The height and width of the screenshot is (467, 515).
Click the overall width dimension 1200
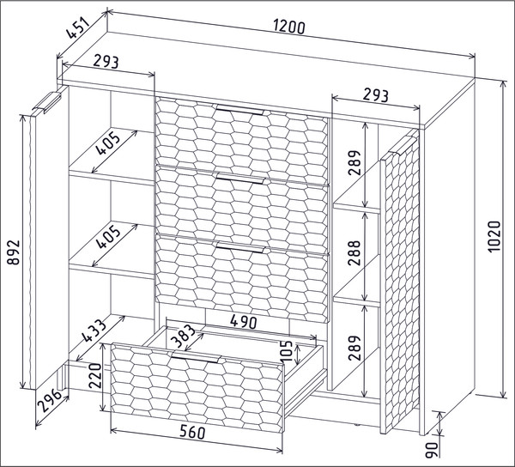pyautogui.click(x=289, y=27)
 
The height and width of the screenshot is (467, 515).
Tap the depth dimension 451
pyautogui.click(x=77, y=27)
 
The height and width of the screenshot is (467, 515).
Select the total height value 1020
pyautogui.click(x=494, y=236)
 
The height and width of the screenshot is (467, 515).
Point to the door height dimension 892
pyautogui.click(x=14, y=252)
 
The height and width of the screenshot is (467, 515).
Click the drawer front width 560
pyautogui.click(x=192, y=432)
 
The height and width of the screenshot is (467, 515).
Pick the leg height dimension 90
pyautogui.click(x=432, y=450)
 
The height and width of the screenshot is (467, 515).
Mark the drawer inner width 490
pyautogui.click(x=244, y=322)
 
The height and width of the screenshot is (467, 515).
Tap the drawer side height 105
pyautogui.click(x=287, y=351)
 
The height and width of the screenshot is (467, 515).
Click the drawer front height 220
pyautogui.click(x=96, y=375)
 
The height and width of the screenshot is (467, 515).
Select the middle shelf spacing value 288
pyautogui.click(x=354, y=253)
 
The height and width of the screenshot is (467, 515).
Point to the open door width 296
pyautogui.click(x=50, y=400)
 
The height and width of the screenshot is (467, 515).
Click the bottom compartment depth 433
pyautogui.click(x=94, y=331)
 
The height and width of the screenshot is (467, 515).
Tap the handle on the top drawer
pyautogui.click(x=239, y=110)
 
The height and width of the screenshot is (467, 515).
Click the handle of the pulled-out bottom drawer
pyautogui.click(x=196, y=358)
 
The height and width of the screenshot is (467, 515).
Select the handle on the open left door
pyautogui.click(x=46, y=103)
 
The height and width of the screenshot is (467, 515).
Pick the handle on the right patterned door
pyautogui.click(x=401, y=145)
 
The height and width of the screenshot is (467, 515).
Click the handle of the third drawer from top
pyautogui.click(x=239, y=247)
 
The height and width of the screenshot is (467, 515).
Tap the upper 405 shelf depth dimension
pyautogui.click(x=108, y=143)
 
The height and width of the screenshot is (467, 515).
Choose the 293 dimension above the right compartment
pyautogui.click(x=375, y=95)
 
